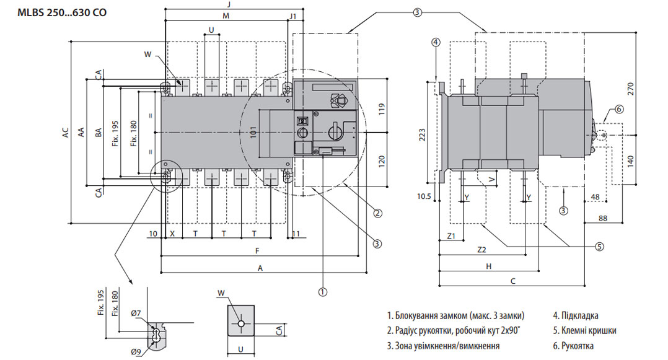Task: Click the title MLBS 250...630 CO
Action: pyautogui.click(x=62, y=12)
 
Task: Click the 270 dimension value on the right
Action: pyautogui.click(x=631, y=89)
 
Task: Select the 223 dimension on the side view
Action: pyautogui.click(x=422, y=134)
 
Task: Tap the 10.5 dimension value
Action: pyautogui.click(x=424, y=197)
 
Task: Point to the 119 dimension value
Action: pyautogui.click(x=382, y=109)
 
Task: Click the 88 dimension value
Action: pyautogui.click(x=603, y=219)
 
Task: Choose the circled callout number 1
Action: pyautogui.click(x=323, y=292)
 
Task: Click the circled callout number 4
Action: pyautogui.click(x=436, y=42)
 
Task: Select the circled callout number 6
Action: pyautogui.click(x=619, y=110)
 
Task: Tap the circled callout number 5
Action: pyautogui.click(x=599, y=247)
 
